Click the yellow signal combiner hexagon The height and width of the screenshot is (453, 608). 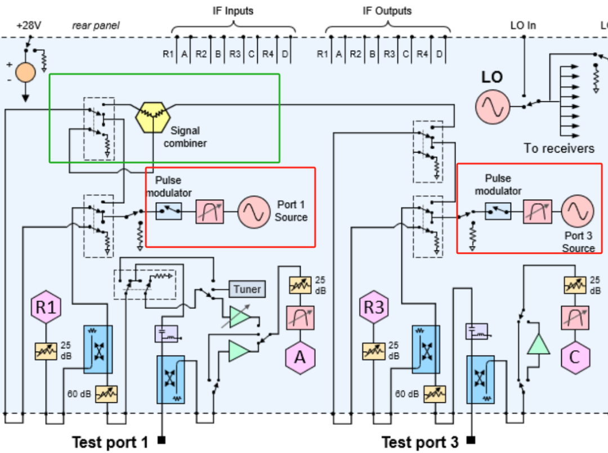tap(153, 118)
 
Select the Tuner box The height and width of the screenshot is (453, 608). tap(247, 289)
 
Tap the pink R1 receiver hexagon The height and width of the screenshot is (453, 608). tap(46, 307)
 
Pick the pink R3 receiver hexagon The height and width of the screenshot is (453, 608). tap(374, 307)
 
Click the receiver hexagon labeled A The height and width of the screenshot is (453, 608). tap(299, 357)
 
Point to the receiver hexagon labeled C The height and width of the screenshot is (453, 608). tap(575, 357)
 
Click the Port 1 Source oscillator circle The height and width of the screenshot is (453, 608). tap(253, 212)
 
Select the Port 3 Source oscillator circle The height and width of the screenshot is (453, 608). tap(578, 211)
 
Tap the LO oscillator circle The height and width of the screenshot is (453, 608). tap(493, 107)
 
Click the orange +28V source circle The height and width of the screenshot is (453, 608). tap(25, 73)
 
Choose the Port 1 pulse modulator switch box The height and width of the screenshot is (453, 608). tap(169, 212)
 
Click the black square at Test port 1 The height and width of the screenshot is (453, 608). tap(162, 440)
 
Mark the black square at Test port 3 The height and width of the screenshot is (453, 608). tap(471, 440)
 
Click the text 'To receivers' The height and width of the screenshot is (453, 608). tap(559, 148)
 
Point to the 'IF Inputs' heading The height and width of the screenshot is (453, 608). tap(233, 11)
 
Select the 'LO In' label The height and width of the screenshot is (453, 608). tap(523, 25)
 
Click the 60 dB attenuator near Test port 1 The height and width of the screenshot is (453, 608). tap(106, 394)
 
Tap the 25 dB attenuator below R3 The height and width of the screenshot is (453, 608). tap(374, 351)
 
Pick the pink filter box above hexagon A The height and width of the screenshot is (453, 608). tap(300, 318)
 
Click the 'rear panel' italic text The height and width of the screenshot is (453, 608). tap(96, 25)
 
